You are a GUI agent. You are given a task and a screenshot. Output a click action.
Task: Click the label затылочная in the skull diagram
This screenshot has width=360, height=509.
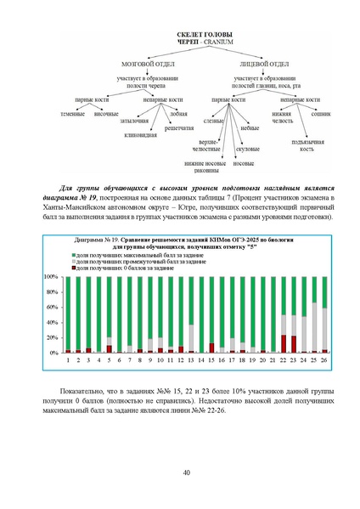(x=132, y=122)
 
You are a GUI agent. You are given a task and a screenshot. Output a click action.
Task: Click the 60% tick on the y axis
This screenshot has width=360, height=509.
(x=52, y=307)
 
